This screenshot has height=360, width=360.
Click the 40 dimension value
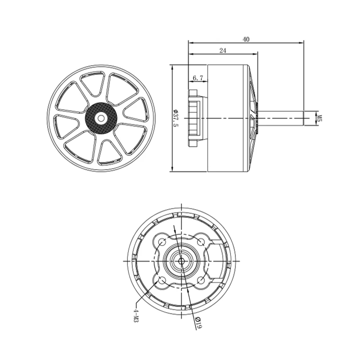point(246,39)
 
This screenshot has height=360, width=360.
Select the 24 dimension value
point(223,50)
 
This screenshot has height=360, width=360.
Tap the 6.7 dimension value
point(198,78)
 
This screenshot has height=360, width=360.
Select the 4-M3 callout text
point(136,315)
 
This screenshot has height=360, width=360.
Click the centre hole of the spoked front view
point(100,118)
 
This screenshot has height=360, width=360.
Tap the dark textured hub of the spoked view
point(101,118)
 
